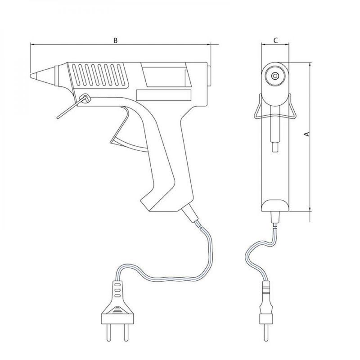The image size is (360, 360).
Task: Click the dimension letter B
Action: [116, 40]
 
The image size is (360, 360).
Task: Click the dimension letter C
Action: [276, 40]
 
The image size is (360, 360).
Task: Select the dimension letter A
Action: [307, 134]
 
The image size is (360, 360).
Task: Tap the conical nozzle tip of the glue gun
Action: [43, 75]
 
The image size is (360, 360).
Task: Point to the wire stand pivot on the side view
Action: [85, 99]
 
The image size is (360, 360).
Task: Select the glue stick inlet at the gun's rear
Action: [209, 76]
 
